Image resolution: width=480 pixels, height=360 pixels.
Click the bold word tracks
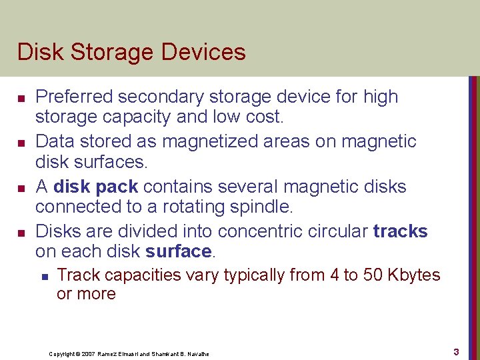coord(400,231)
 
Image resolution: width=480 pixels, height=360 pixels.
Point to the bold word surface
coord(177,251)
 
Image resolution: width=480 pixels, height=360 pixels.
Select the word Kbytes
coord(415,275)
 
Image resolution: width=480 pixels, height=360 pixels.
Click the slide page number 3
coord(456,351)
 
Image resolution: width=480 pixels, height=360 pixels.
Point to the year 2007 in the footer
coord(87,354)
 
